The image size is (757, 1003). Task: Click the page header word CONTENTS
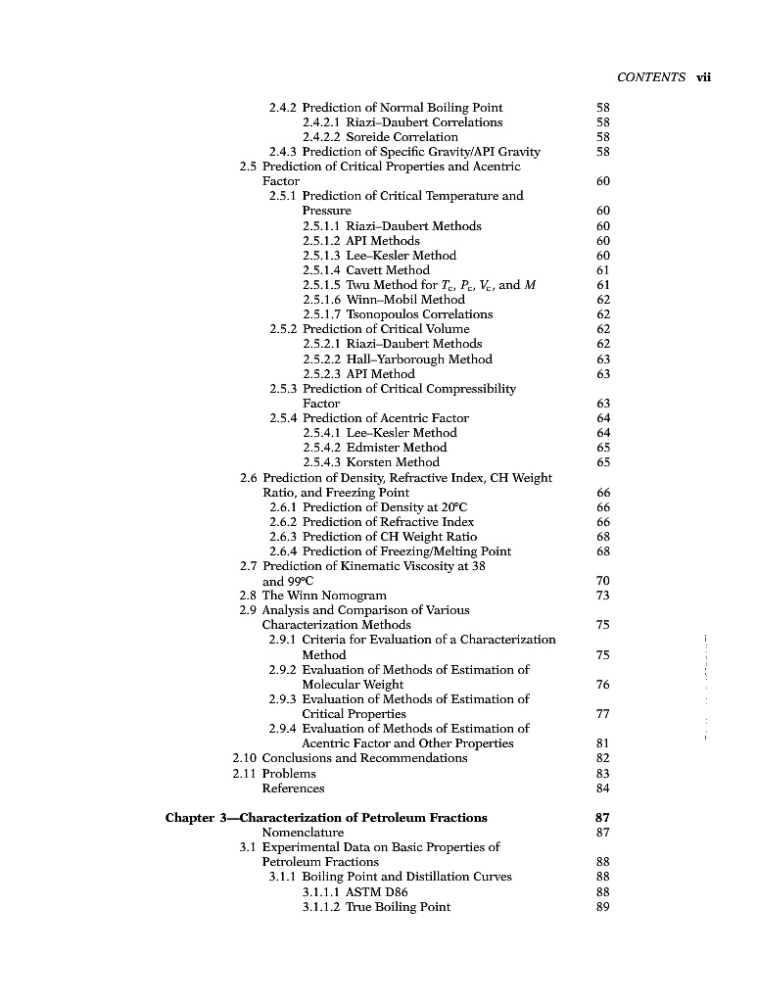click(x=650, y=78)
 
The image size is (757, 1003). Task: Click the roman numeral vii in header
click(x=702, y=78)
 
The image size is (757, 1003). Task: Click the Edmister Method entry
click(x=397, y=448)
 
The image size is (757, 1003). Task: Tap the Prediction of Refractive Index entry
click(x=388, y=522)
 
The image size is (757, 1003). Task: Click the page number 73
click(x=602, y=596)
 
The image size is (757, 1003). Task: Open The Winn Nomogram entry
click(x=324, y=596)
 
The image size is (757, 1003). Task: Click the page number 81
click(x=602, y=743)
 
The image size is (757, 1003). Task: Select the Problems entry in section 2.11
click(x=289, y=774)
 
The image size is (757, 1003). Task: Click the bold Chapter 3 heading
click(x=326, y=818)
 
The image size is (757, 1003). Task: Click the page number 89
click(x=602, y=907)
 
